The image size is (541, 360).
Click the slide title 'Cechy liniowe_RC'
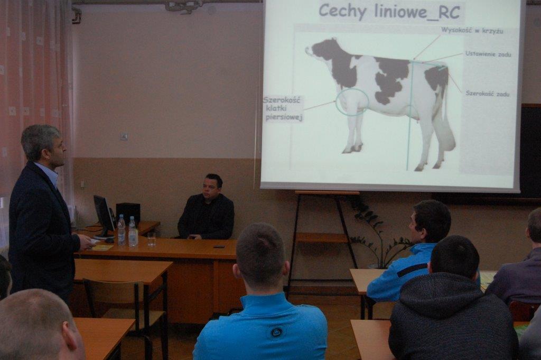[389, 12]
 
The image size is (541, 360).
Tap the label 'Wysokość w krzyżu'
[472, 31]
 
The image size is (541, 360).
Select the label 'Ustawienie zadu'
[488, 54]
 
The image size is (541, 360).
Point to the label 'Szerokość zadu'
[487, 94]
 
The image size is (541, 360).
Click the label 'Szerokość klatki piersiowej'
[283, 109]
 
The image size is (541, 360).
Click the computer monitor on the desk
[104, 216]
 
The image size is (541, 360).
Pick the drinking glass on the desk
[152, 239]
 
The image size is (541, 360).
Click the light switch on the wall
[124, 136]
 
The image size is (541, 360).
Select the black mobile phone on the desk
[219, 247]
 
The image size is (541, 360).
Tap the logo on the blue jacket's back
[276, 332]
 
